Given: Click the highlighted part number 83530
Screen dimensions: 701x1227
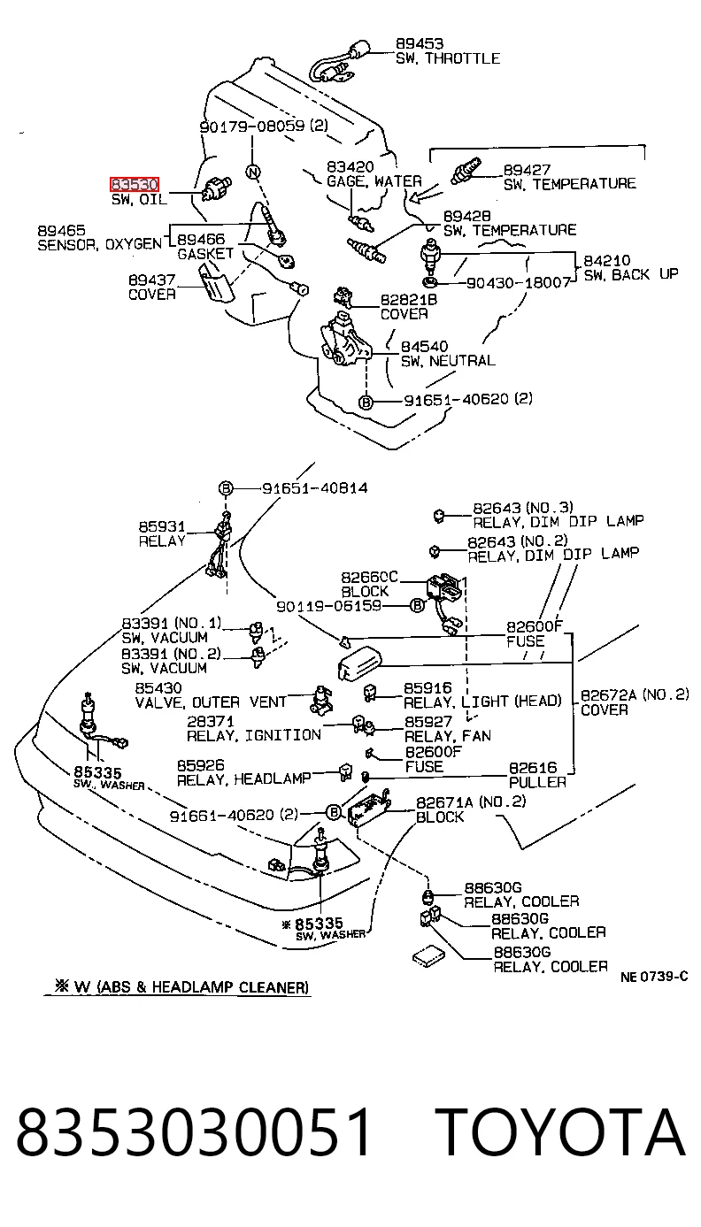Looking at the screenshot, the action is (x=135, y=184).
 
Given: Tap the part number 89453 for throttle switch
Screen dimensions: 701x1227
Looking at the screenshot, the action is (x=420, y=44).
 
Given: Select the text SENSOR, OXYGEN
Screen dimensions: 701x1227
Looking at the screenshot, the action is (x=100, y=244).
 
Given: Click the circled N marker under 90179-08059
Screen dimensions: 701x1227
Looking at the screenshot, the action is (x=252, y=173).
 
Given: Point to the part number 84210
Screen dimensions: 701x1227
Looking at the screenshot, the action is (x=606, y=260).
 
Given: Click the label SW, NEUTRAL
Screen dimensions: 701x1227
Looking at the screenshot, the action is (x=448, y=361).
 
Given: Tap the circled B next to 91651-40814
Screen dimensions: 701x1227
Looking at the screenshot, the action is (x=226, y=488).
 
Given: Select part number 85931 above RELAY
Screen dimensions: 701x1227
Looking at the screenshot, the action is (x=162, y=527).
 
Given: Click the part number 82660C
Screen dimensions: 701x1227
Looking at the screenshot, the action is (x=369, y=578).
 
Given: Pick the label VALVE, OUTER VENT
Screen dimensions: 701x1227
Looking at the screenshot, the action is (x=211, y=702).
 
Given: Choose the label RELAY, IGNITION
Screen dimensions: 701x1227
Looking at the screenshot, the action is (x=254, y=735).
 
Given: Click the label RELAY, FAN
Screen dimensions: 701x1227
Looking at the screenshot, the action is (x=447, y=736).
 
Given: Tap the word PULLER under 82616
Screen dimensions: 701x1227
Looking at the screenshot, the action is (x=537, y=782).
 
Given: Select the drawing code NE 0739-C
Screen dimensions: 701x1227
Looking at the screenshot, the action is (x=654, y=977).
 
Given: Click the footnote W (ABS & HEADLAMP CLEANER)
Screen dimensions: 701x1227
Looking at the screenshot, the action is (x=182, y=987).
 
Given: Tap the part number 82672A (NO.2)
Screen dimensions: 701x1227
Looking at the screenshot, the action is (x=635, y=695).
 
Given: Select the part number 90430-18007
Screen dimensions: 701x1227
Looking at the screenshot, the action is (x=518, y=283).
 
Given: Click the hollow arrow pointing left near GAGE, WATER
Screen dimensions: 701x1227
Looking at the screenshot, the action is (x=428, y=193).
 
